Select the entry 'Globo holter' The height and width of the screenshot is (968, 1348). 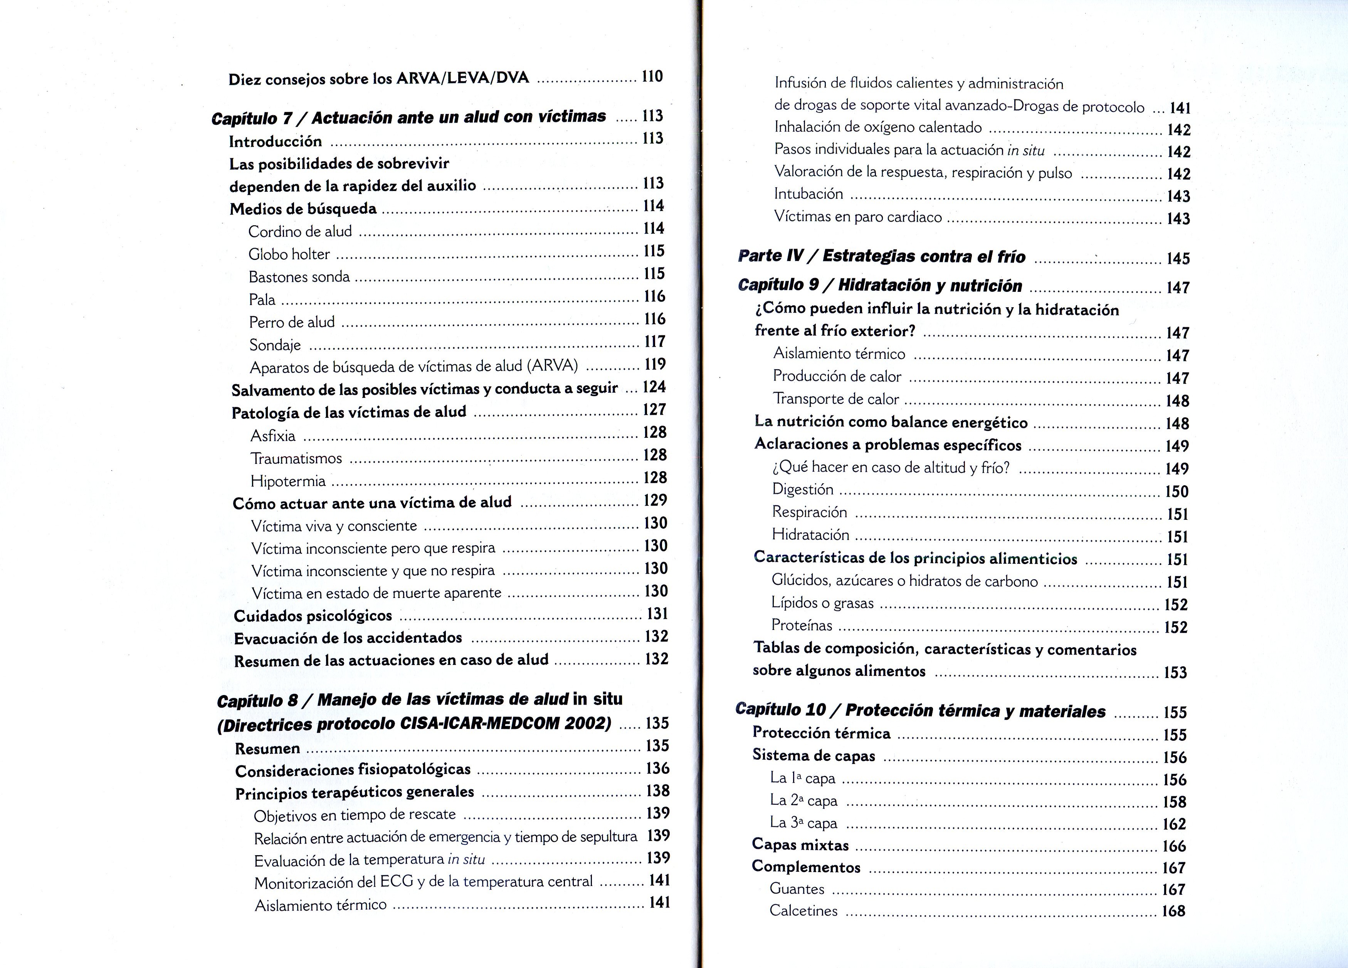pos(289,254)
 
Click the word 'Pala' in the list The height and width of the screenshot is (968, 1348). pos(262,300)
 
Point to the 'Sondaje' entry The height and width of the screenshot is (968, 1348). pos(275,345)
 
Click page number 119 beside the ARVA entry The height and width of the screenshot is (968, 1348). pos(655,364)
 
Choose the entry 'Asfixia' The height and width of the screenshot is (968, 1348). pos(273,436)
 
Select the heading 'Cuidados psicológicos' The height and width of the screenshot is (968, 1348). pos(313,616)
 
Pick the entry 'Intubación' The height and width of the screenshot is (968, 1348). pos(808,194)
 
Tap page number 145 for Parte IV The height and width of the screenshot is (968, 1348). pos(1177,258)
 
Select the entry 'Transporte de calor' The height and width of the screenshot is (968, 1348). pos(836,399)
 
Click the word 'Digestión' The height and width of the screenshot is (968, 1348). pos(802,489)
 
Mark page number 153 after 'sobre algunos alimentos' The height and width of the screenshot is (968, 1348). pos(1175,672)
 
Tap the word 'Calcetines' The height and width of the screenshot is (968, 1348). pos(803,910)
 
